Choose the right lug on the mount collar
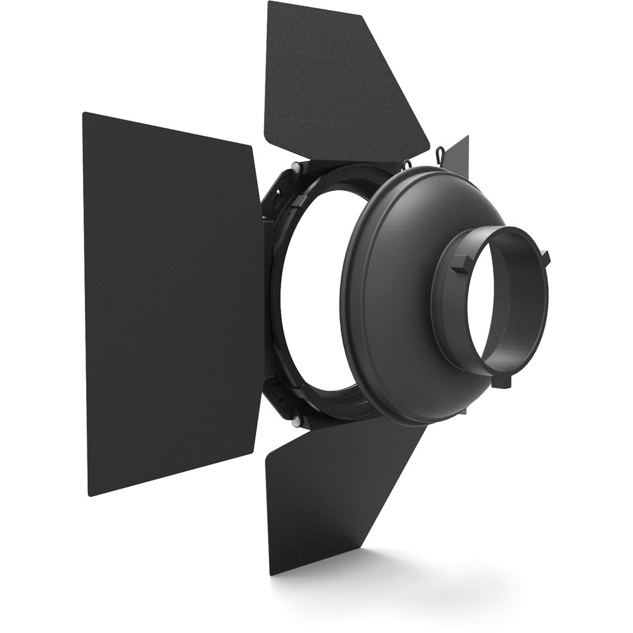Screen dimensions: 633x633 pos(546,256)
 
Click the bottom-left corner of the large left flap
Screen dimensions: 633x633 pos(90,495)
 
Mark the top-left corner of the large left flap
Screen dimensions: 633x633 pos(84,114)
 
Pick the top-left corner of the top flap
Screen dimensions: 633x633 pos(269,3)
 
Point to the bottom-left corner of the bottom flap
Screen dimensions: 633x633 pos(271,573)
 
